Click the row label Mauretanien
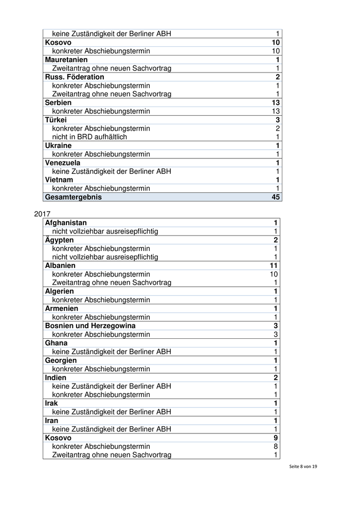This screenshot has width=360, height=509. pos(66,60)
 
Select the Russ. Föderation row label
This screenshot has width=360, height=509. pos(75,77)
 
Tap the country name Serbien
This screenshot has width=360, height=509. pos(58,103)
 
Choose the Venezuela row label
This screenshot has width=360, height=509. pos(63,163)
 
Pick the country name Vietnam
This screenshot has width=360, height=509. pos(59,180)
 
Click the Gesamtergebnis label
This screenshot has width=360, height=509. pos(74,197)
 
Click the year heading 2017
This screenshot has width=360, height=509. pos(42,213)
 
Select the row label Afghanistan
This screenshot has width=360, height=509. pos(66,223)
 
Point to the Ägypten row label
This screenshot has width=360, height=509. pos(59,240)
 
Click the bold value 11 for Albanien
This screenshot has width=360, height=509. pos(274,266)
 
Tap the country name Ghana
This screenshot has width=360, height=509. pos(56,343)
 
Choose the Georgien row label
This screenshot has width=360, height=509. pos(61,360)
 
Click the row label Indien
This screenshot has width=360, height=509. pos(56,377)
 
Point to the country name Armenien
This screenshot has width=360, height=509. pos(62,308)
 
